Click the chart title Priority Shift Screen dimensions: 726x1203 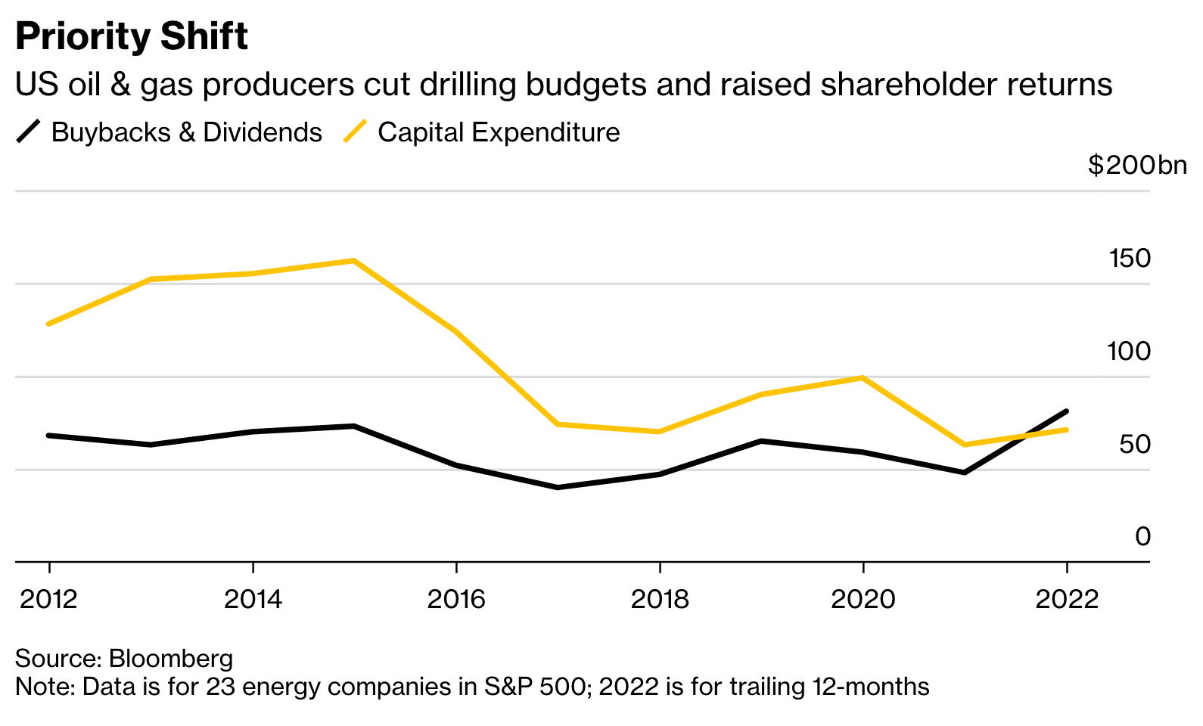point(132,36)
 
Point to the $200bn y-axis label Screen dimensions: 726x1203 point(1136,165)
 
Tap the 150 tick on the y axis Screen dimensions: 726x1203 point(1130,259)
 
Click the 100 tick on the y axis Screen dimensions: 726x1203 point(1128,352)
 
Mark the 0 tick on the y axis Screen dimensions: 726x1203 point(1142,537)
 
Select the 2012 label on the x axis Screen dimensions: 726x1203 point(49,600)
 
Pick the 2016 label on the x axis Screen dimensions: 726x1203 point(456,600)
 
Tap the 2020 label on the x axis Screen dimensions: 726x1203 point(863,600)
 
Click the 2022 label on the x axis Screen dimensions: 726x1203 point(1066,600)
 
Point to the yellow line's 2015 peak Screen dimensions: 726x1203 point(353,261)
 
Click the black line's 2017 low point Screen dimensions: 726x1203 point(557,487)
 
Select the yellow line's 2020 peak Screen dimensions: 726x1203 point(863,377)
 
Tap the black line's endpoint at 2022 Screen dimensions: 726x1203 point(1066,411)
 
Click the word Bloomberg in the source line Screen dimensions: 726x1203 point(171,659)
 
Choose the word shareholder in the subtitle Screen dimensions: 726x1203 point(908,85)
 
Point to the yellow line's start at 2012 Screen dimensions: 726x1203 point(49,324)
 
